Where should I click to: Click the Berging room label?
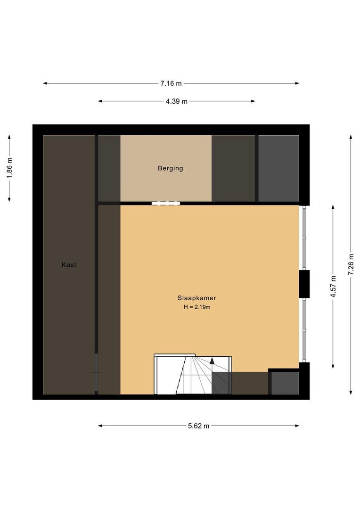coord(171,168)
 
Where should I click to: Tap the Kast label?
coord(69,264)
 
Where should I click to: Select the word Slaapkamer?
coord(196,298)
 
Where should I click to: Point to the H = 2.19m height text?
coord(196,307)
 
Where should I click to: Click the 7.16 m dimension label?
coord(171,83)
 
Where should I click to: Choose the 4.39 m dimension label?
coord(177,101)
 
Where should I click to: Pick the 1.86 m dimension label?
coord(9,168)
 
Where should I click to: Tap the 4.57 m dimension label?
coord(333,287)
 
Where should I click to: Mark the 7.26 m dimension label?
coord(351,264)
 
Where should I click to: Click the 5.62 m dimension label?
coord(199,426)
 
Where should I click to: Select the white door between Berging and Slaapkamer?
coord(165,203)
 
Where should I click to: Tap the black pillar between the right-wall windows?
coord(304,284)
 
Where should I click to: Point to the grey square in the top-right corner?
coord(278,168)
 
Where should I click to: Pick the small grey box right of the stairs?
coord(285,383)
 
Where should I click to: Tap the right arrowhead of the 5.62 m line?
coord(297,426)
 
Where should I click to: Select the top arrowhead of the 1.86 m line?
coord(9,137)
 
